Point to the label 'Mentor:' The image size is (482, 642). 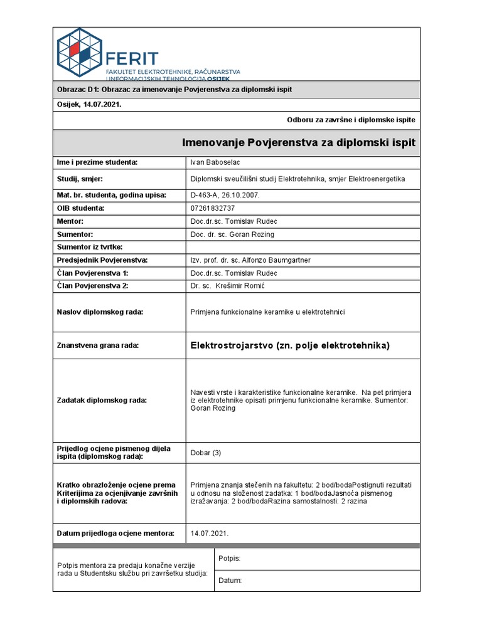(70, 222)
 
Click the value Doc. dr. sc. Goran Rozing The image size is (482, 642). (232, 234)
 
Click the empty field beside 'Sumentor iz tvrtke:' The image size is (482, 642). (303, 246)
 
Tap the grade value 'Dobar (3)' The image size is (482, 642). (206, 453)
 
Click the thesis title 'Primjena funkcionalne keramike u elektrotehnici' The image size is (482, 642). (268, 312)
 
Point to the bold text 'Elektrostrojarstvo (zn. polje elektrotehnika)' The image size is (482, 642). (290, 345)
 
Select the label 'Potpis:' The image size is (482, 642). (229, 558)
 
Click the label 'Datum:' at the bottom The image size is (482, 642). (230, 581)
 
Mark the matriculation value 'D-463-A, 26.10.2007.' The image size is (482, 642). (225, 195)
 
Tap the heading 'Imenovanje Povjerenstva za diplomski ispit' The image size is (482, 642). (299, 143)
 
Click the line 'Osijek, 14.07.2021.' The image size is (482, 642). (89, 105)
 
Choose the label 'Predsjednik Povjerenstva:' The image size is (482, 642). (102, 260)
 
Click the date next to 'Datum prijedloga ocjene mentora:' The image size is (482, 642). (210, 534)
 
